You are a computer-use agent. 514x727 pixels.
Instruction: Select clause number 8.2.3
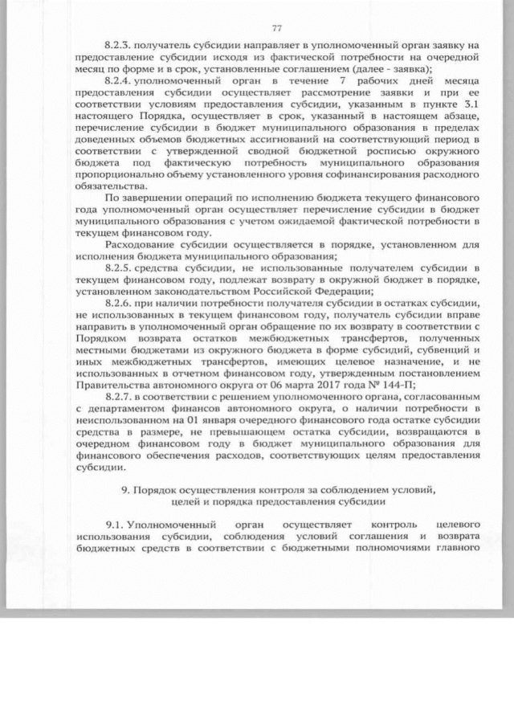[x=119, y=48]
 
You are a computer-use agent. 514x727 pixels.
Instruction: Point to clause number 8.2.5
[x=119, y=265]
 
